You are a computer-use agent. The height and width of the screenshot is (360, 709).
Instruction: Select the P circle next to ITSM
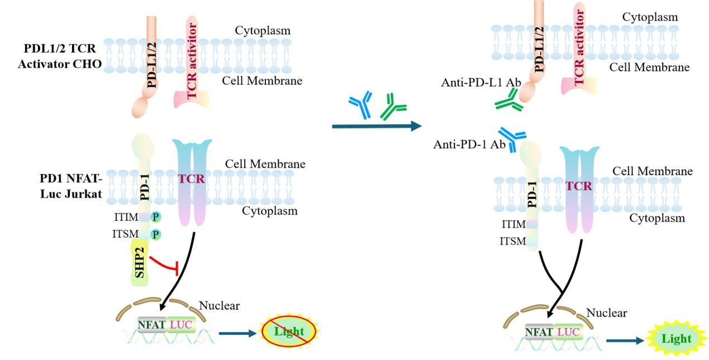pos(155,235)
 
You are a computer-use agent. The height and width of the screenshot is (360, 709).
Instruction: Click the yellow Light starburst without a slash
pos(676,338)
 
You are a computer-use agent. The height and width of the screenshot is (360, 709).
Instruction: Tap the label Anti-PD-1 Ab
pos(469,145)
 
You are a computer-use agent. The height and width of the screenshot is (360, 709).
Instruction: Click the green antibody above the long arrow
pos(393,107)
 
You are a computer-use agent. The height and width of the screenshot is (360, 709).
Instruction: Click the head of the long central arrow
pos(415,126)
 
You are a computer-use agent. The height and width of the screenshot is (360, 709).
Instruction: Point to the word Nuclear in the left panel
pos(219,306)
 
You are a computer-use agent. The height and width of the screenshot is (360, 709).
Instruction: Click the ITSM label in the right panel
pos(513,241)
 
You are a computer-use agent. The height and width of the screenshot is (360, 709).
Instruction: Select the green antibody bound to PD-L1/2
pos(508,102)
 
